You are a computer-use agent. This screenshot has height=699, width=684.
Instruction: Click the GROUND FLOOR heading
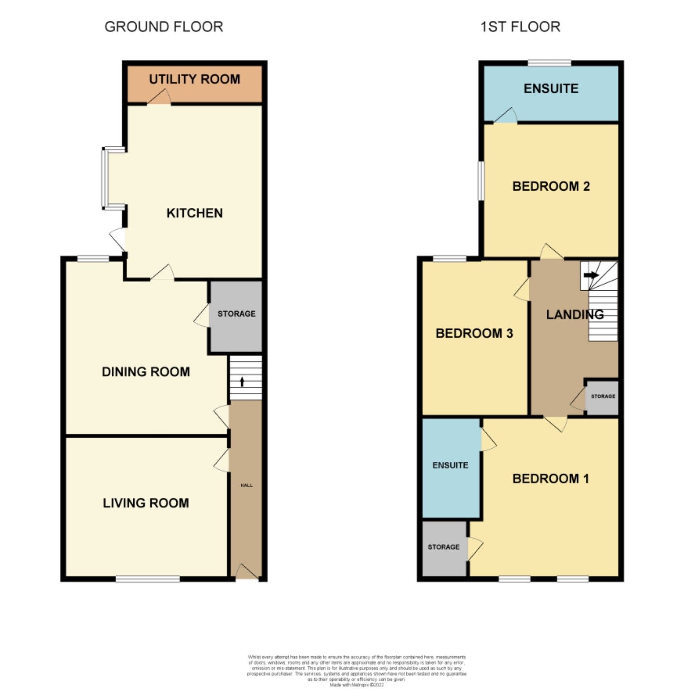[x=164, y=27]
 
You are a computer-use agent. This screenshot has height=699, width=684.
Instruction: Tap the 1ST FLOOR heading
[x=520, y=27]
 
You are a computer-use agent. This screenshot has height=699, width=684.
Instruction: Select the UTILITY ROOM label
[x=195, y=79]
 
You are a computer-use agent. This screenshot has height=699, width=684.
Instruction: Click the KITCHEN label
[x=195, y=213]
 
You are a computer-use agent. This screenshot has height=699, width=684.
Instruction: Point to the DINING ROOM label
[x=146, y=372]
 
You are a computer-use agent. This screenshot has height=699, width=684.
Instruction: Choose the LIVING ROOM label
[x=146, y=503]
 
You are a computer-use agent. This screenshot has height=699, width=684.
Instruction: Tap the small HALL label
[x=246, y=485]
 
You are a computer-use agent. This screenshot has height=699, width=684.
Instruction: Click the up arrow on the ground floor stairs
[x=242, y=382]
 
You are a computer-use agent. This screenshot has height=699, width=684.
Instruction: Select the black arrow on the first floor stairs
[x=591, y=275]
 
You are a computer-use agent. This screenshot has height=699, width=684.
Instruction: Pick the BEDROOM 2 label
[x=551, y=186]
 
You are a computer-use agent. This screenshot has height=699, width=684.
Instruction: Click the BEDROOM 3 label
[x=474, y=333]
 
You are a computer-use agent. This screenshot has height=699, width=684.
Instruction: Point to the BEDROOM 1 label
[x=550, y=478]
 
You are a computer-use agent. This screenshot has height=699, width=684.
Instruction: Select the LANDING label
[x=575, y=315]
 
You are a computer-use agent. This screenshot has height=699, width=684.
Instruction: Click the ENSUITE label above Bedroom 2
[x=551, y=89]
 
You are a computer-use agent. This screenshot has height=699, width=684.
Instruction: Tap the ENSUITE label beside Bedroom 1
[x=450, y=465]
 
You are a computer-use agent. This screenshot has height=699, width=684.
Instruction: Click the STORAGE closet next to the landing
[x=603, y=396]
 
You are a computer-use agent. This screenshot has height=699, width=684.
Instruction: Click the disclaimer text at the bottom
[x=356, y=670]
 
